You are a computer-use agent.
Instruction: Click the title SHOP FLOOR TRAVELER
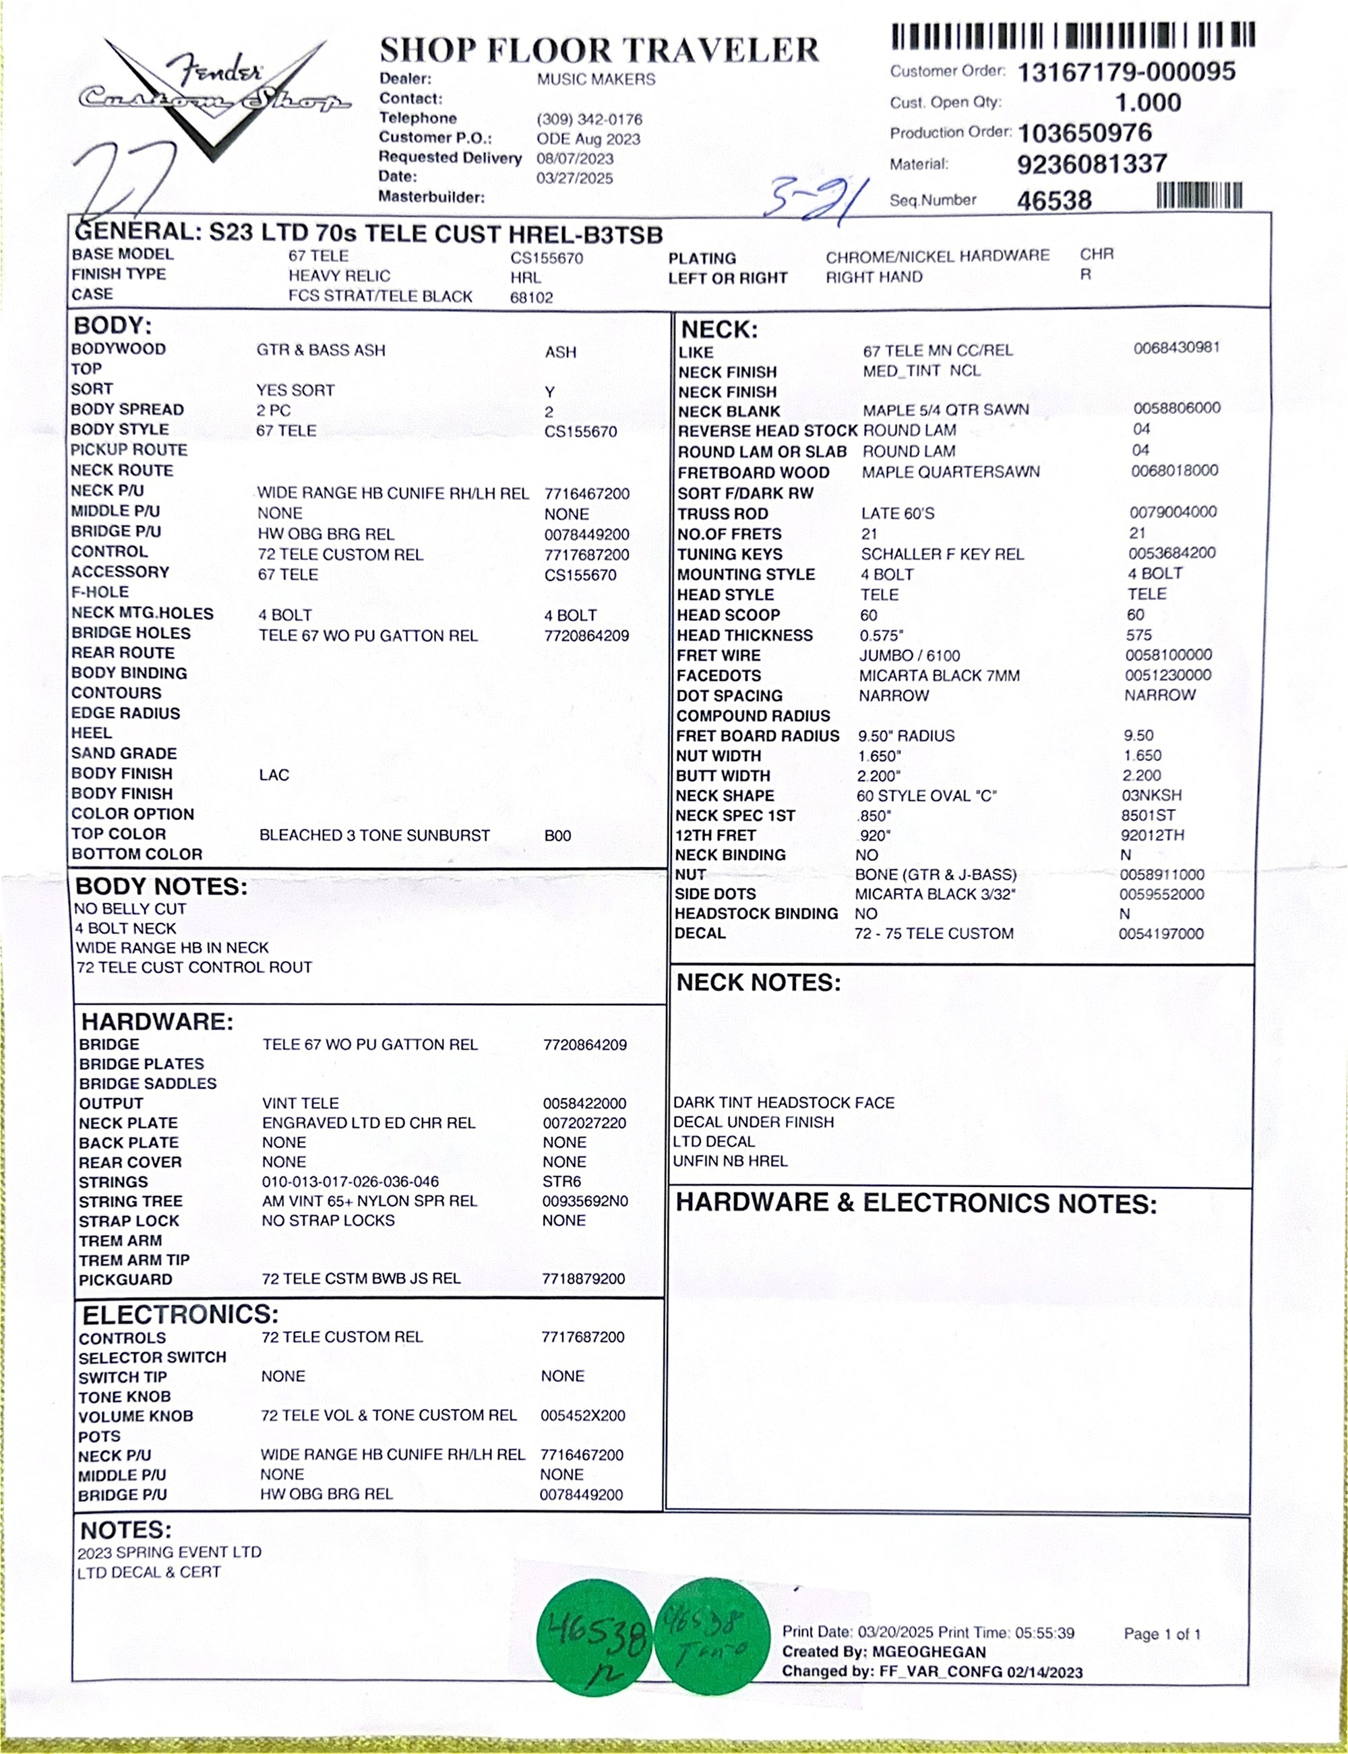coord(599,51)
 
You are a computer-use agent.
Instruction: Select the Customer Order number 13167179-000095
coord(1126,72)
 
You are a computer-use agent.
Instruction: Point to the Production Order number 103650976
coord(1085,132)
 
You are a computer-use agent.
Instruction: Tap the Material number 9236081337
coord(1091,164)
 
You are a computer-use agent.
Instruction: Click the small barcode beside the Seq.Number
coord(1199,195)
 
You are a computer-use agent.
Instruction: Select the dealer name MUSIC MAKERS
coord(595,80)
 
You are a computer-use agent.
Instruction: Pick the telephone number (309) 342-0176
coord(589,119)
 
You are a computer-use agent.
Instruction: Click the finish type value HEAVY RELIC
coord(340,276)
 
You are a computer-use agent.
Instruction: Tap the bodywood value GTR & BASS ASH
coord(321,351)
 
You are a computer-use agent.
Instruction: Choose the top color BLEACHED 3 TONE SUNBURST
coord(374,835)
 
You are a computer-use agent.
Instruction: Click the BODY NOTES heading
coord(161,886)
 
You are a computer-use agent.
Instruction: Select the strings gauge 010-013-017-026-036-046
coord(350,1182)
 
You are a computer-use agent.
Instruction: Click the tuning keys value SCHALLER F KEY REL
coord(942,554)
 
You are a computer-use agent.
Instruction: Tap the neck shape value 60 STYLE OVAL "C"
coord(926,796)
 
